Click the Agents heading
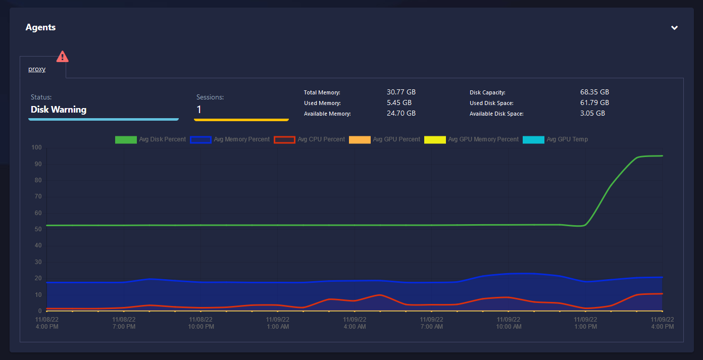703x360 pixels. tap(40, 27)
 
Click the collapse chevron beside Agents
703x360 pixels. tap(674, 28)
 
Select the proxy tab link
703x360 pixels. tap(37, 69)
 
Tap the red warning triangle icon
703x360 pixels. tap(62, 56)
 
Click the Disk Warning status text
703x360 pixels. tap(59, 110)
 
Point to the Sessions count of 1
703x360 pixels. tap(199, 110)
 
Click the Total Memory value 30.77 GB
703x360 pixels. tap(401, 92)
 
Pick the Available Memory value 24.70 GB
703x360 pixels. tap(401, 113)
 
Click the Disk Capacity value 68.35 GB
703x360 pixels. tap(594, 92)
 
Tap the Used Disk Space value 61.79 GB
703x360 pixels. tap(594, 102)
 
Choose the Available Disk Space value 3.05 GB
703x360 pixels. tap(592, 113)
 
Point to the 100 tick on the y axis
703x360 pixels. tap(36, 148)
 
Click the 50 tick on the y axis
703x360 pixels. tap(38, 229)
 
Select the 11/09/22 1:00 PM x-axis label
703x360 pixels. tap(585, 323)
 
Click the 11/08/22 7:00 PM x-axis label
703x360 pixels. tap(124, 323)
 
